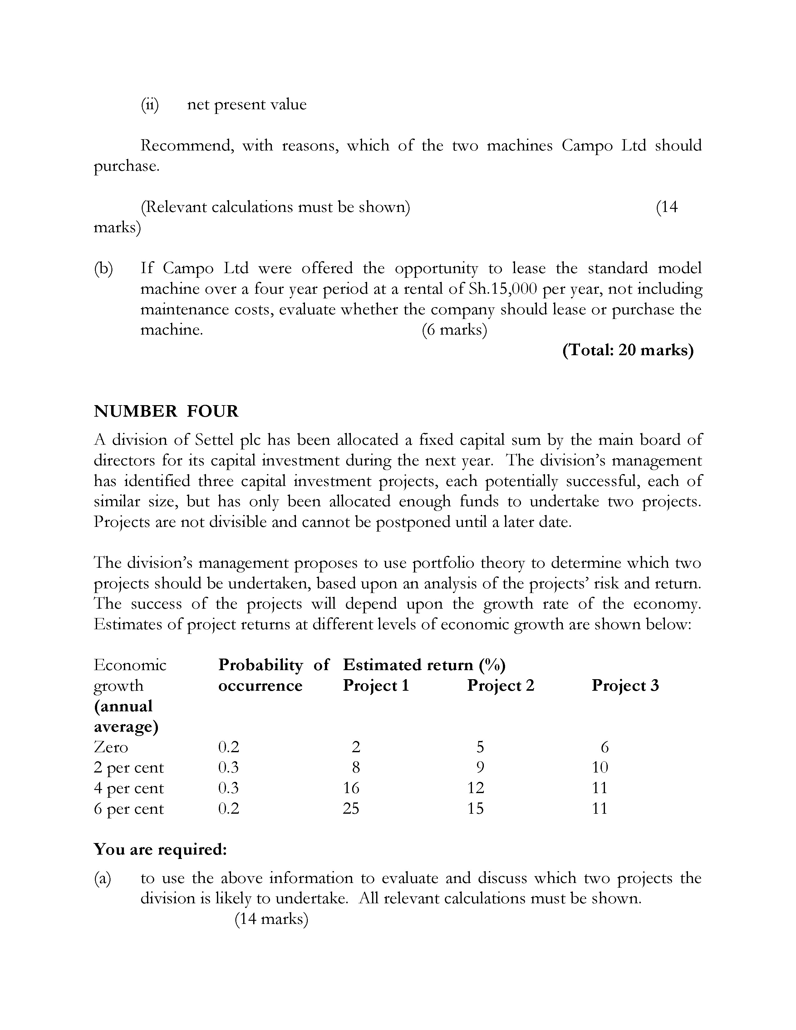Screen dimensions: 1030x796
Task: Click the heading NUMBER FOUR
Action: pyautogui.click(x=166, y=411)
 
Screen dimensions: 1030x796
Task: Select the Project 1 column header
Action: pyautogui.click(x=376, y=685)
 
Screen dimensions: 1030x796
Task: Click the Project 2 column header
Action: pyautogui.click(x=500, y=685)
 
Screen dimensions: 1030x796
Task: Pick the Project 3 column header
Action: pyautogui.click(x=625, y=685)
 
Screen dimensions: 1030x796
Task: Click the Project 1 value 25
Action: pyautogui.click(x=351, y=809)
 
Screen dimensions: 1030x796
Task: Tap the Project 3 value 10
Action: pyautogui.click(x=600, y=767)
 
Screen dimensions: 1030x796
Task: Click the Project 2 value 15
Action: pyautogui.click(x=475, y=809)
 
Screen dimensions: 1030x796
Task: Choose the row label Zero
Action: pyautogui.click(x=111, y=747)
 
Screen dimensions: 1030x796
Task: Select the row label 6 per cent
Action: pyautogui.click(x=129, y=809)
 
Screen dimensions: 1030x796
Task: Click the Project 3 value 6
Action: pyautogui.click(x=605, y=747)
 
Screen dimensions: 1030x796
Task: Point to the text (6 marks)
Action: pyautogui.click(x=454, y=330)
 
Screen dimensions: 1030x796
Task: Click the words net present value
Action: pyautogui.click(x=247, y=104)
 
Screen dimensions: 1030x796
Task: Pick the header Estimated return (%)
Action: pyautogui.click(x=424, y=665)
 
